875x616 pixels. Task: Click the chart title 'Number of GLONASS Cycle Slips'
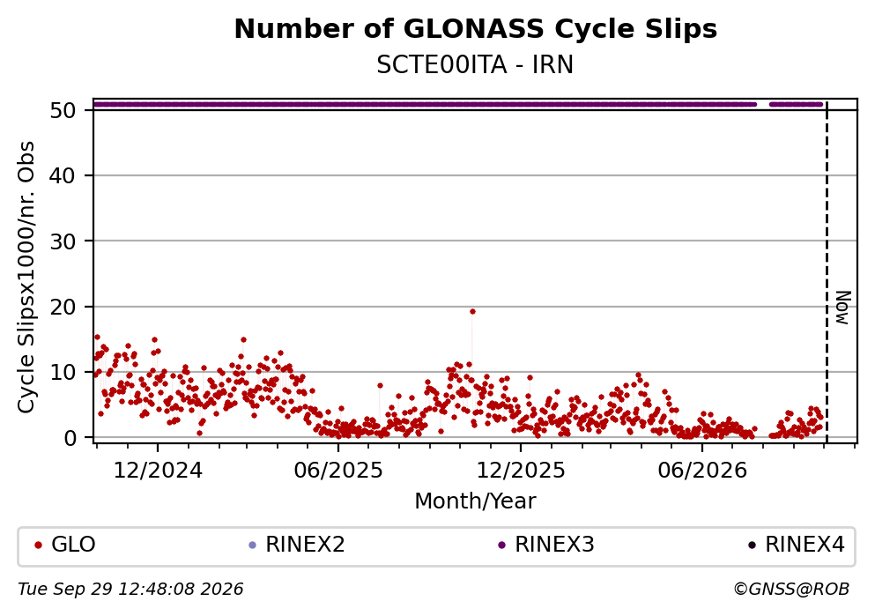pyautogui.click(x=476, y=29)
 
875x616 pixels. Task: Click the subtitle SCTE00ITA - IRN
pyautogui.click(x=475, y=64)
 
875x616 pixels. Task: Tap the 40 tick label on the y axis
pyautogui.click(x=63, y=175)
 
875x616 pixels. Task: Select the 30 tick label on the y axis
pyautogui.click(x=63, y=241)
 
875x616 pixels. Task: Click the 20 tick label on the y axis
pyautogui.click(x=63, y=307)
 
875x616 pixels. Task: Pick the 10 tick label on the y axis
pyautogui.click(x=63, y=372)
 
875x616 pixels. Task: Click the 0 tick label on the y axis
pyautogui.click(x=70, y=438)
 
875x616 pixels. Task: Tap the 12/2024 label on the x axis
pyautogui.click(x=158, y=471)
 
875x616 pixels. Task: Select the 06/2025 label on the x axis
pyautogui.click(x=338, y=471)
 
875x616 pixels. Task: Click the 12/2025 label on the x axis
pyautogui.click(x=521, y=471)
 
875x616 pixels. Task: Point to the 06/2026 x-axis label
pyautogui.click(x=702, y=471)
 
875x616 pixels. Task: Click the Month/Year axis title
pyautogui.click(x=475, y=501)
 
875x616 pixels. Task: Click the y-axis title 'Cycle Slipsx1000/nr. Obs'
pyautogui.click(x=26, y=277)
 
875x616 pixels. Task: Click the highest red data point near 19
pyautogui.click(x=472, y=311)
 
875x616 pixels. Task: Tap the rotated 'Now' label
pyautogui.click(x=842, y=308)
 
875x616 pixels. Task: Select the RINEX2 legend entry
pyautogui.click(x=298, y=545)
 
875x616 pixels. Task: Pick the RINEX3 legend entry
pyautogui.click(x=546, y=545)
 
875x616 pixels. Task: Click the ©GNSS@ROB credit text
pyautogui.click(x=791, y=590)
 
